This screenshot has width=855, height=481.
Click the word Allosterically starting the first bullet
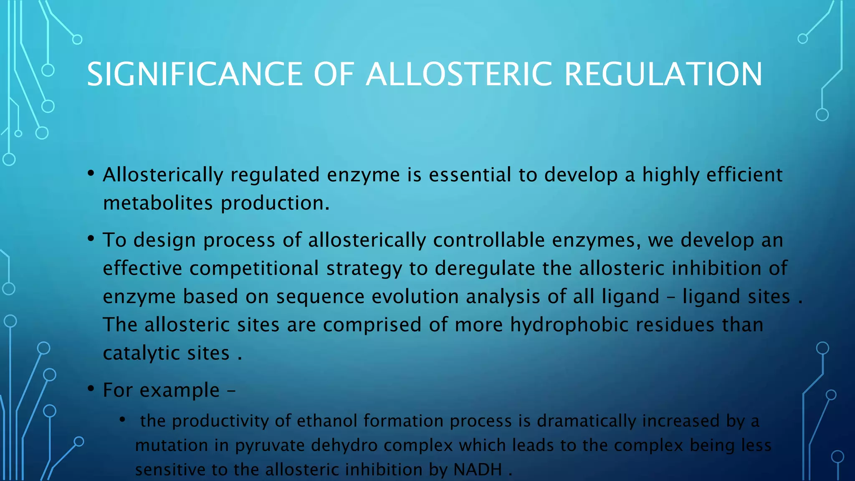163,175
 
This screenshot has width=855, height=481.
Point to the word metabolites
158,203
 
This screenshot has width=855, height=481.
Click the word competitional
254,268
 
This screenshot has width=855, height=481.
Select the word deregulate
484,268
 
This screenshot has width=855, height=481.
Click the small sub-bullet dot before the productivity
122,419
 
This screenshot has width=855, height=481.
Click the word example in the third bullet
179,390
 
